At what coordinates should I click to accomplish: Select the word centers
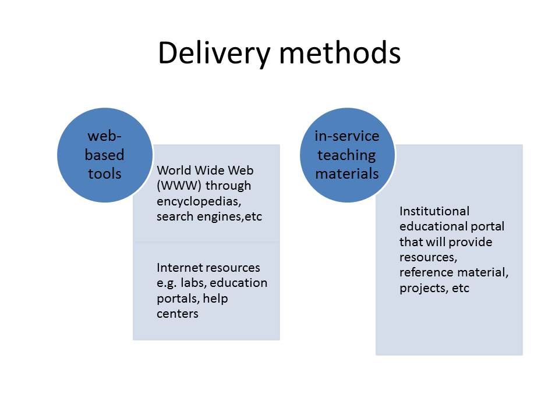[178, 314]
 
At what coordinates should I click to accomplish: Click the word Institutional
[434, 211]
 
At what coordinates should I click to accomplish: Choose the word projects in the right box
[422, 288]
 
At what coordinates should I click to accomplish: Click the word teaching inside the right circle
[347, 155]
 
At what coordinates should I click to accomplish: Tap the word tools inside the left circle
[105, 173]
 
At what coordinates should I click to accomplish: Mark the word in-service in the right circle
[347, 136]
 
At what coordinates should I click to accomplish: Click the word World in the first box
[174, 171]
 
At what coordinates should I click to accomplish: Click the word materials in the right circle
[348, 174]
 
